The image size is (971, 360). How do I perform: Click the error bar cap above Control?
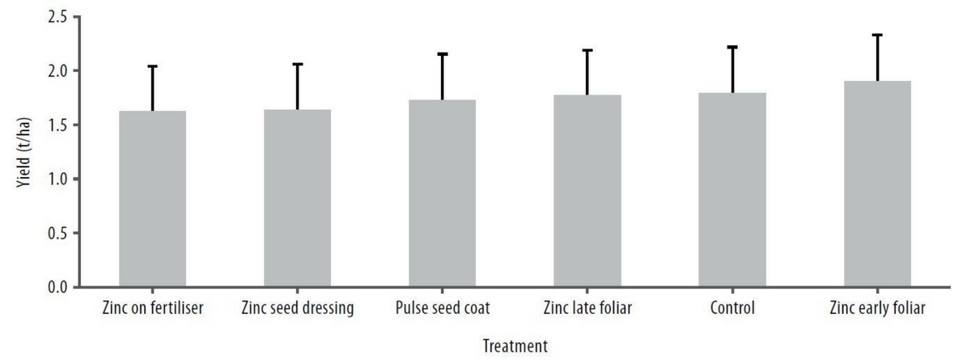[x=732, y=47]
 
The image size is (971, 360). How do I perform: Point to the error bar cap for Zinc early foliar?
[x=877, y=35]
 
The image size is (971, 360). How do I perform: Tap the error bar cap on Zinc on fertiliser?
[x=152, y=66]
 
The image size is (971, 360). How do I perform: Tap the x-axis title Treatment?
[x=514, y=346]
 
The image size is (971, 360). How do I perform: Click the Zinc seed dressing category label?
[x=297, y=308]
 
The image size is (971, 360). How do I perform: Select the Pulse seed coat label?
[x=442, y=308]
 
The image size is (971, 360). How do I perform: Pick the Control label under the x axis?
[x=732, y=308]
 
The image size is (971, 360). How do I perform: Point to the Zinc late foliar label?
[x=587, y=308]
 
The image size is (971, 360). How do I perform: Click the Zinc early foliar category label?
[x=877, y=308]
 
